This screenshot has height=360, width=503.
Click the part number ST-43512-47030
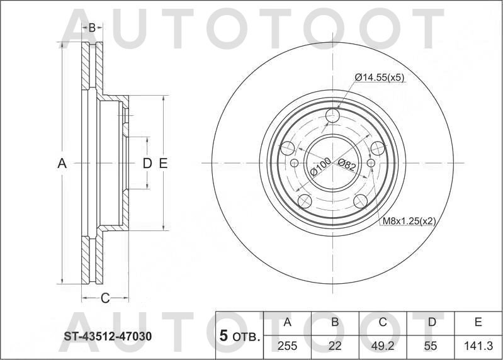pyautogui.click(x=107, y=337)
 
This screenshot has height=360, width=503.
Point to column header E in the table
pyautogui.click(x=478, y=322)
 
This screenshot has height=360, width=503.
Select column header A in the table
pyautogui.click(x=288, y=322)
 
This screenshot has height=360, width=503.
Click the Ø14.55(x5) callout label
pyautogui.click(x=379, y=77)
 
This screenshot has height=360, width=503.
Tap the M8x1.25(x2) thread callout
pyautogui.click(x=409, y=221)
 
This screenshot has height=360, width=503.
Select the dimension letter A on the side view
pyautogui.click(x=62, y=164)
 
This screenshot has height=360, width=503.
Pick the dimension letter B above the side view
pyautogui.click(x=92, y=28)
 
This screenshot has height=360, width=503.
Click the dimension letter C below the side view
pyautogui.click(x=105, y=297)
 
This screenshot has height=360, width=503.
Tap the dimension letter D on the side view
pyautogui.click(x=147, y=164)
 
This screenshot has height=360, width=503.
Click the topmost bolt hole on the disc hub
pyautogui.click(x=333, y=115)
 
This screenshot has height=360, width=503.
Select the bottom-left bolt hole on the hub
pyautogui.click(x=305, y=201)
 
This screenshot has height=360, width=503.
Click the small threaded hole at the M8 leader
pyautogui.click(x=371, y=163)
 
